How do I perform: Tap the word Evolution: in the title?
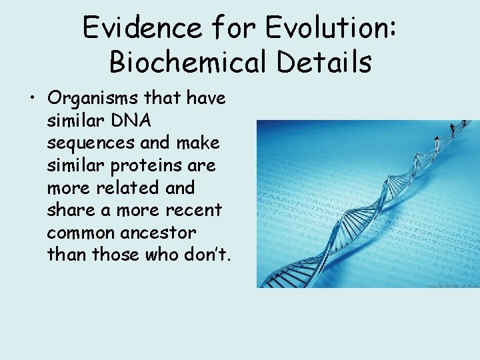coord(330,28)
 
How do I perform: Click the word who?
coord(162,254)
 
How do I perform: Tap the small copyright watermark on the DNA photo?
coord(453,285)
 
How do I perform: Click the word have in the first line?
coord(206,99)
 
